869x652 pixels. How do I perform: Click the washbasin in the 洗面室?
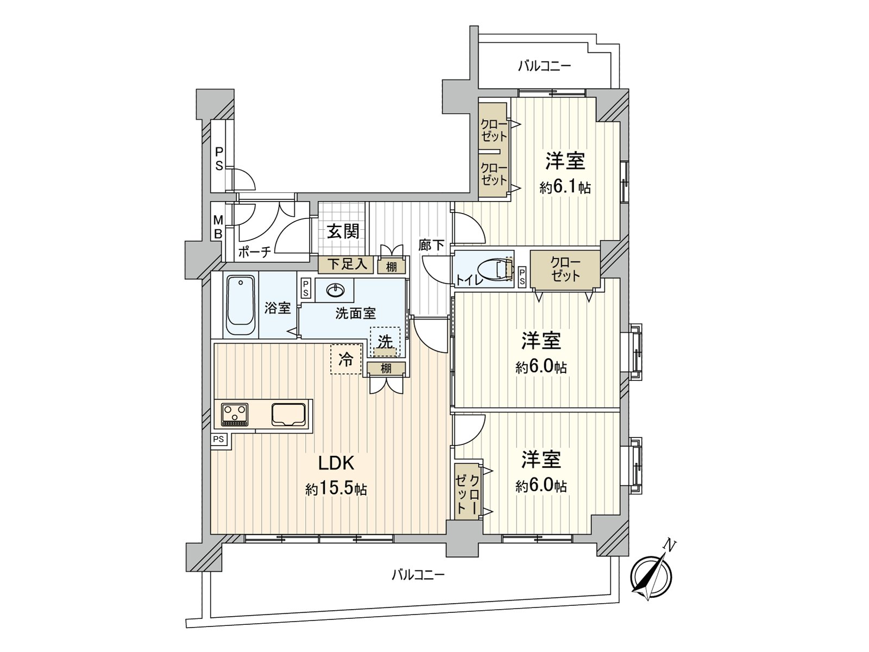point(335,291)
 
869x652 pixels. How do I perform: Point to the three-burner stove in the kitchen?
point(235,415)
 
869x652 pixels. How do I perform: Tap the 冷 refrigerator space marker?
point(346,359)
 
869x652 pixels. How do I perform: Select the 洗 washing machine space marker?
point(385,342)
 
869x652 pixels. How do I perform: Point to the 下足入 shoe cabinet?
point(346,265)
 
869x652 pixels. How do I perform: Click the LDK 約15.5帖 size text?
point(336,489)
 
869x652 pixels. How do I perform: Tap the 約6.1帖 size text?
point(565,187)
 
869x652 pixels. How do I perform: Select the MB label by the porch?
point(218,227)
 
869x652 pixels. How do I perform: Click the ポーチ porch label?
point(255,252)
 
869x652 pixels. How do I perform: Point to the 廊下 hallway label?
point(431,246)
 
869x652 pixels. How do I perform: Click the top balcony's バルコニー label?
point(544,66)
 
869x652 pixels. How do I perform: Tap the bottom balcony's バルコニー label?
point(418,574)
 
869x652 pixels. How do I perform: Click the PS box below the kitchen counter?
point(219,440)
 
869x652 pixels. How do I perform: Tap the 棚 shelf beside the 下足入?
point(391,266)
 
